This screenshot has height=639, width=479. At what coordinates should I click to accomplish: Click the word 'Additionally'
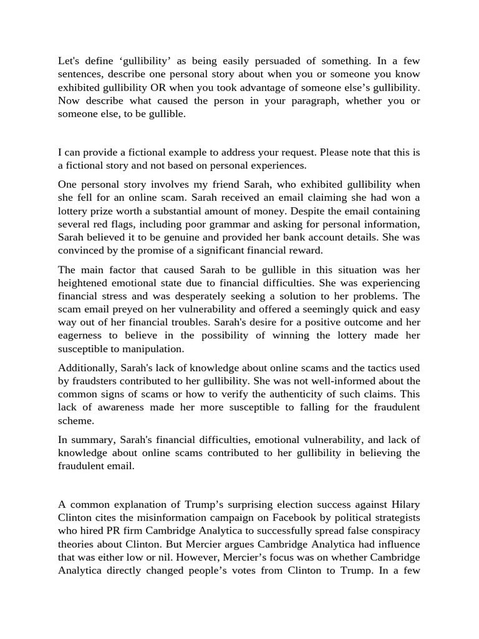pyautogui.click(x=87, y=368)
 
